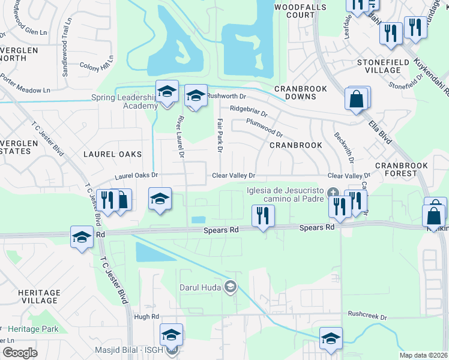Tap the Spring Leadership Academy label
pyautogui.click(x=124, y=101)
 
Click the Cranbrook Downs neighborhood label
pyautogui.click(x=300, y=92)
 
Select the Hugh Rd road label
pyautogui.click(x=146, y=316)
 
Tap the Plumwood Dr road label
pyautogui.click(x=264, y=126)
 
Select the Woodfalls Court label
pyautogui.click(x=294, y=11)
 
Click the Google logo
pyautogui.click(x=20, y=352)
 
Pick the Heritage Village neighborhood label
pyautogui.click(x=38, y=296)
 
